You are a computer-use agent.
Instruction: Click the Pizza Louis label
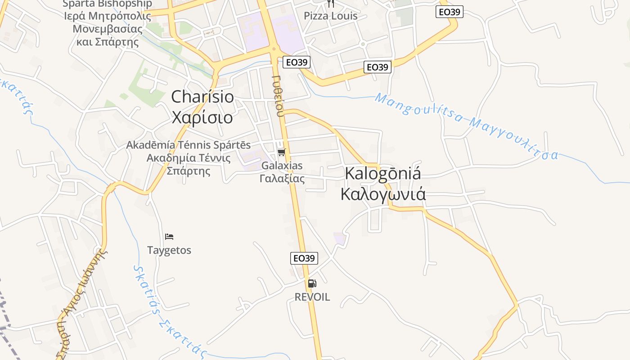point(330,16)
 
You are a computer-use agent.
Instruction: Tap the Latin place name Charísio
point(202,97)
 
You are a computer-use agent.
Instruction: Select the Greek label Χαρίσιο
point(202,117)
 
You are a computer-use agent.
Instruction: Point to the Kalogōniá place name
point(383,174)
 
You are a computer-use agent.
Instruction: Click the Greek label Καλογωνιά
point(383,194)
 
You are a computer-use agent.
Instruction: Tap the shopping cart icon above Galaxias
point(282,152)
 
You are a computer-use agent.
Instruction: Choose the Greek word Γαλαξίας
point(282,179)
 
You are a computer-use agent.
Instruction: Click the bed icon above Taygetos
point(169,237)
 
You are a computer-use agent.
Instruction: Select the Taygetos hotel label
point(169,250)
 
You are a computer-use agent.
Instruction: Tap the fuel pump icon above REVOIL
point(312,283)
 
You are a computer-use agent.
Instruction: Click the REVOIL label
point(312,297)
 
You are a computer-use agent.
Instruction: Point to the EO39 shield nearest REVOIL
point(304,258)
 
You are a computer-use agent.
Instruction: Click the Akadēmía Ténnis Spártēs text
point(188,145)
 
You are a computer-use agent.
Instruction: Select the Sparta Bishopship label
point(107,4)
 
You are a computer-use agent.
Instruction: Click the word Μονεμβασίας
point(108,29)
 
